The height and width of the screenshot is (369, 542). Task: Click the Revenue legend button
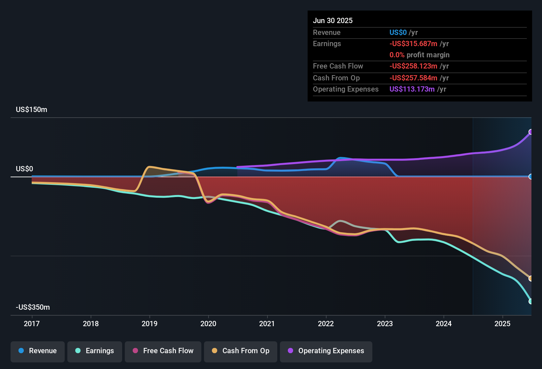38,351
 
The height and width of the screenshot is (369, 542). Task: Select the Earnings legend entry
95,351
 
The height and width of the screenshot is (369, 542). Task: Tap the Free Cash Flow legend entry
163,351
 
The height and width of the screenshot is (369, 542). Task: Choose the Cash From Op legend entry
241,351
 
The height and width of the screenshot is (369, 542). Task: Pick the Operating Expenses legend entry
326,351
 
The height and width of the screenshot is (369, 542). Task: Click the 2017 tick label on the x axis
32,324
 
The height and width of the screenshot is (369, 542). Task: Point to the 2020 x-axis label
208,324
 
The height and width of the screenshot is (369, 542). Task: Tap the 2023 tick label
385,324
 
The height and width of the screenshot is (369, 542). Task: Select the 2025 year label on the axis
502,324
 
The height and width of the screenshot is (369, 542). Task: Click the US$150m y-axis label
32,110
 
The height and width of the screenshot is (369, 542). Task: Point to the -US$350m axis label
33,307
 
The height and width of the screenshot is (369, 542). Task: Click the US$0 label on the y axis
24,169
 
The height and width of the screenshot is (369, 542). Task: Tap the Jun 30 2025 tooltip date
333,21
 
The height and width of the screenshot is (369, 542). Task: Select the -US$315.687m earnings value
413,44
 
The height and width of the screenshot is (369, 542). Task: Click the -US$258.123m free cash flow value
413,66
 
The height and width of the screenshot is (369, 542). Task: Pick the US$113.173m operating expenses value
412,89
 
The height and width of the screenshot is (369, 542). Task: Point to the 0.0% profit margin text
419,55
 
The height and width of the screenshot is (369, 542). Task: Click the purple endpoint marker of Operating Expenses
530,132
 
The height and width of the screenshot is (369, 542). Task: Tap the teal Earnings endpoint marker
530,301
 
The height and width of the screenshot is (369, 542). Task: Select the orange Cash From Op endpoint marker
530,278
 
